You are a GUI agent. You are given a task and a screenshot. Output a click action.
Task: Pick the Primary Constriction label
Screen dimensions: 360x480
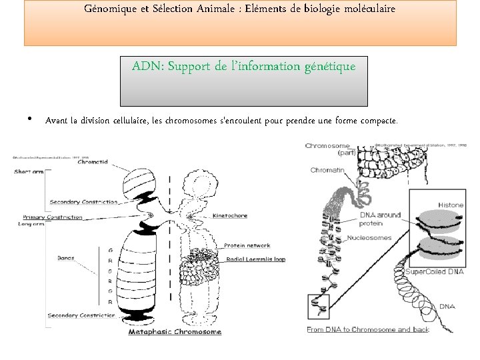(x=53, y=217)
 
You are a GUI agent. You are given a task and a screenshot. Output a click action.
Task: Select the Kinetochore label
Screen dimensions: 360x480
(x=230, y=215)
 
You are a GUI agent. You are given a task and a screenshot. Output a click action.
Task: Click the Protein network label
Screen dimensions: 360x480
(x=247, y=245)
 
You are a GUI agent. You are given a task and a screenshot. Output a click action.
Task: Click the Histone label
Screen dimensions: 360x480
(x=451, y=205)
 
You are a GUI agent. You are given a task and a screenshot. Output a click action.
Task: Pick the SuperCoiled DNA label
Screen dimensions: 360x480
(x=434, y=272)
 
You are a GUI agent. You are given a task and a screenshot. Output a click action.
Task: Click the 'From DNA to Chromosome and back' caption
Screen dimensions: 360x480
(x=368, y=329)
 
